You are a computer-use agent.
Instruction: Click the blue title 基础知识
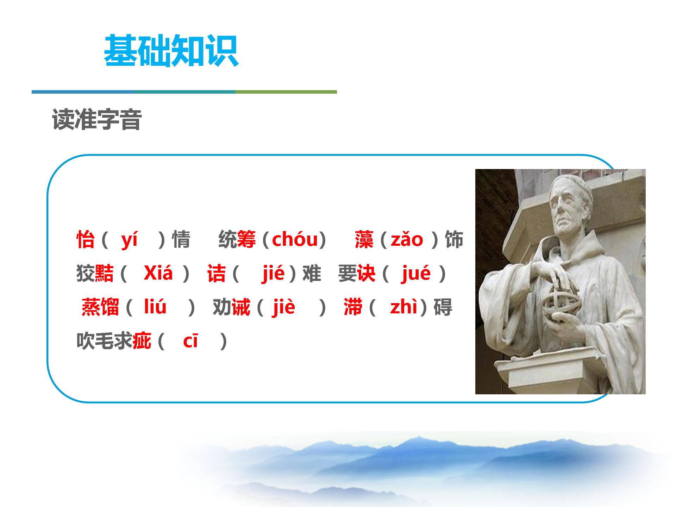click(x=171, y=51)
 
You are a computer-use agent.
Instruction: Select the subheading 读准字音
click(x=97, y=120)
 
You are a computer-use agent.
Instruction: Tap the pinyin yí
click(x=129, y=240)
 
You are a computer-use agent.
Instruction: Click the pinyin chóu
click(x=295, y=239)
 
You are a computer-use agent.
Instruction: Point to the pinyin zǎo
click(x=407, y=240)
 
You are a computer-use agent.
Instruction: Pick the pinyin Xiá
click(x=158, y=273)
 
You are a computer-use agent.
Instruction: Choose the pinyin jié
click(x=273, y=273)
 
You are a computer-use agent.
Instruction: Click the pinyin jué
click(x=415, y=273)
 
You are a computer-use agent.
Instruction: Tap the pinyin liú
click(x=155, y=307)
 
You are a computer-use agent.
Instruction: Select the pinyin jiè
click(x=283, y=307)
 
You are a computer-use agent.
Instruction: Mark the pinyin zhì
click(x=403, y=307)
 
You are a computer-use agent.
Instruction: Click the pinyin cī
click(x=190, y=341)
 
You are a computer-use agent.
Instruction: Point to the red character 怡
click(x=86, y=240)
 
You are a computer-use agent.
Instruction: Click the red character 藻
click(x=364, y=240)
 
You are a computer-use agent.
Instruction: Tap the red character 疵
click(x=142, y=341)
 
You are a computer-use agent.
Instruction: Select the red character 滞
click(x=353, y=307)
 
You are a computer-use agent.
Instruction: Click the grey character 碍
click(x=443, y=307)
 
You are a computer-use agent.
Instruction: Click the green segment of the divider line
click(x=286, y=92)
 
